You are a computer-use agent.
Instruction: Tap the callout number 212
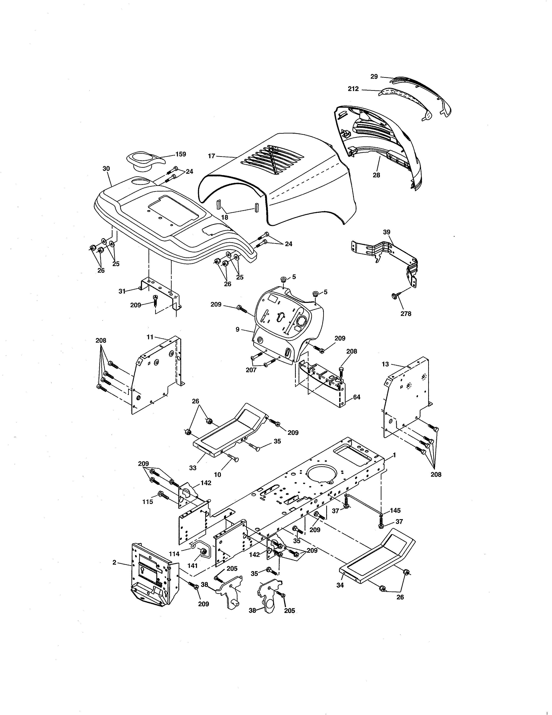[353, 89]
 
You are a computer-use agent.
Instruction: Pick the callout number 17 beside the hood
[211, 156]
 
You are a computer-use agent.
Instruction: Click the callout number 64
[357, 397]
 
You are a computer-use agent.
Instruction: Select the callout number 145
[395, 510]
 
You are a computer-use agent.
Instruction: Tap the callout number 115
[147, 502]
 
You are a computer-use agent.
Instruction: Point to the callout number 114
[174, 554]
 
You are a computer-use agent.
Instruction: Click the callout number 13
[385, 364]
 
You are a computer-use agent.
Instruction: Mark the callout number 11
[150, 337]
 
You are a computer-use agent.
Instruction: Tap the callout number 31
[122, 291]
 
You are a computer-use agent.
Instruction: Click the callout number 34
[340, 585]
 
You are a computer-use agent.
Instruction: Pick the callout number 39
[387, 232]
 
